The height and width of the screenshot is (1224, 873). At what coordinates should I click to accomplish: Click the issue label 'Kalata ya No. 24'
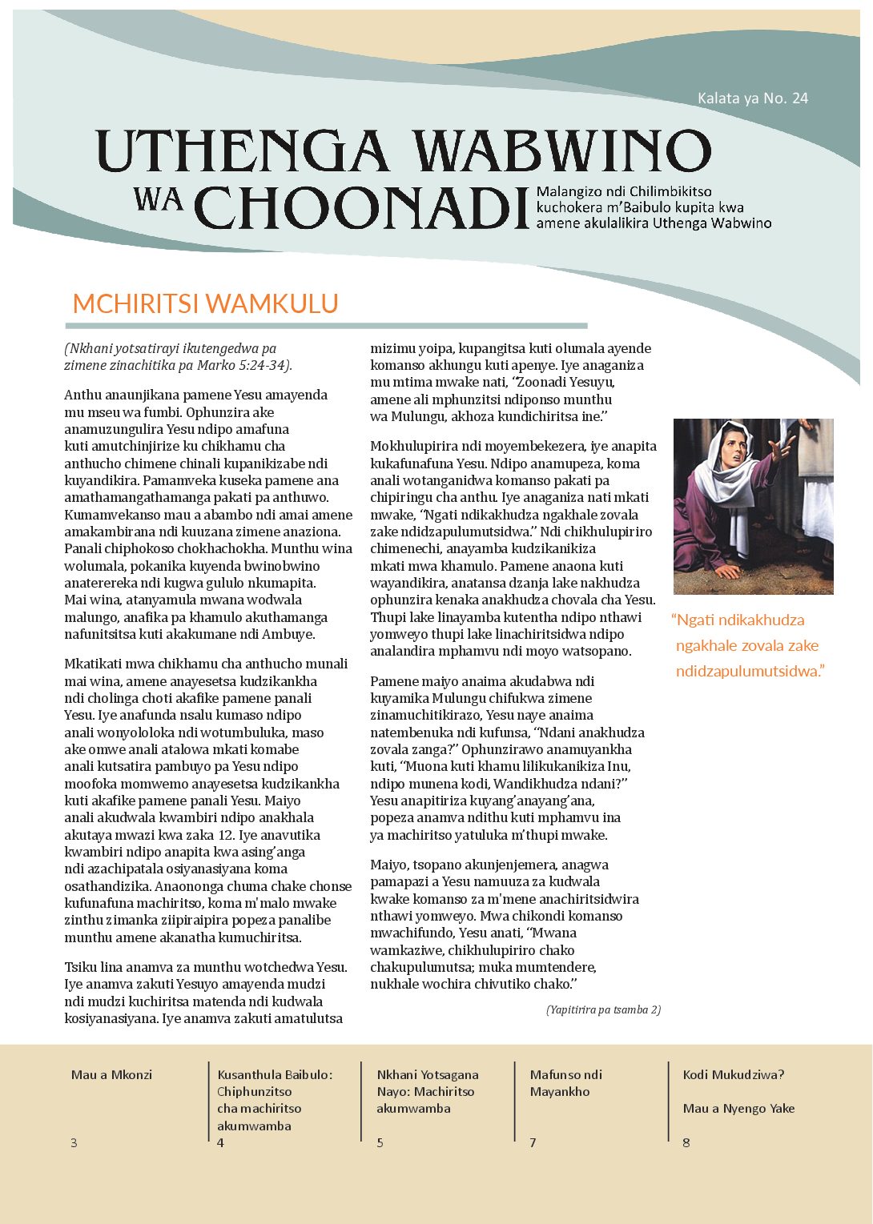[x=752, y=98]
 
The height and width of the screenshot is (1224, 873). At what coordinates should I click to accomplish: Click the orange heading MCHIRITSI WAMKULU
[x=205, y=303]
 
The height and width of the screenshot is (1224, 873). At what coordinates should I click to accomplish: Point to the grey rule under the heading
[x=326, y=326]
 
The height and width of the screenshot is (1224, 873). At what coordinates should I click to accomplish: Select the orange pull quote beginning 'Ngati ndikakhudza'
[x=748, y=645]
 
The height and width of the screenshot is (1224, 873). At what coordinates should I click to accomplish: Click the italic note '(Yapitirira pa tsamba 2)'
[x=603, y=1009]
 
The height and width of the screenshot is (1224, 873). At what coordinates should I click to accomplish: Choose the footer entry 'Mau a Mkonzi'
[x=111, y=1074]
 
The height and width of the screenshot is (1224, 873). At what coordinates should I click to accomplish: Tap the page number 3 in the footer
[x=74, y=1142]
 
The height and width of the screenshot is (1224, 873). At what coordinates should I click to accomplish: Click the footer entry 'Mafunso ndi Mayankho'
[x=565, y=1082]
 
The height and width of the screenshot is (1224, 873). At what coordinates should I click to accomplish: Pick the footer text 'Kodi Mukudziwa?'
[x=733, y=1074]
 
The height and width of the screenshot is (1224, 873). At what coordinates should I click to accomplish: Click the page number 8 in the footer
[x=686, y=1142]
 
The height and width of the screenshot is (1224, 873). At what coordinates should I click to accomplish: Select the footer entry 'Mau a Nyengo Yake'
[x=738, y=1108]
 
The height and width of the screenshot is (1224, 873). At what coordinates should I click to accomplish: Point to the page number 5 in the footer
[x=380, y=1142]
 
